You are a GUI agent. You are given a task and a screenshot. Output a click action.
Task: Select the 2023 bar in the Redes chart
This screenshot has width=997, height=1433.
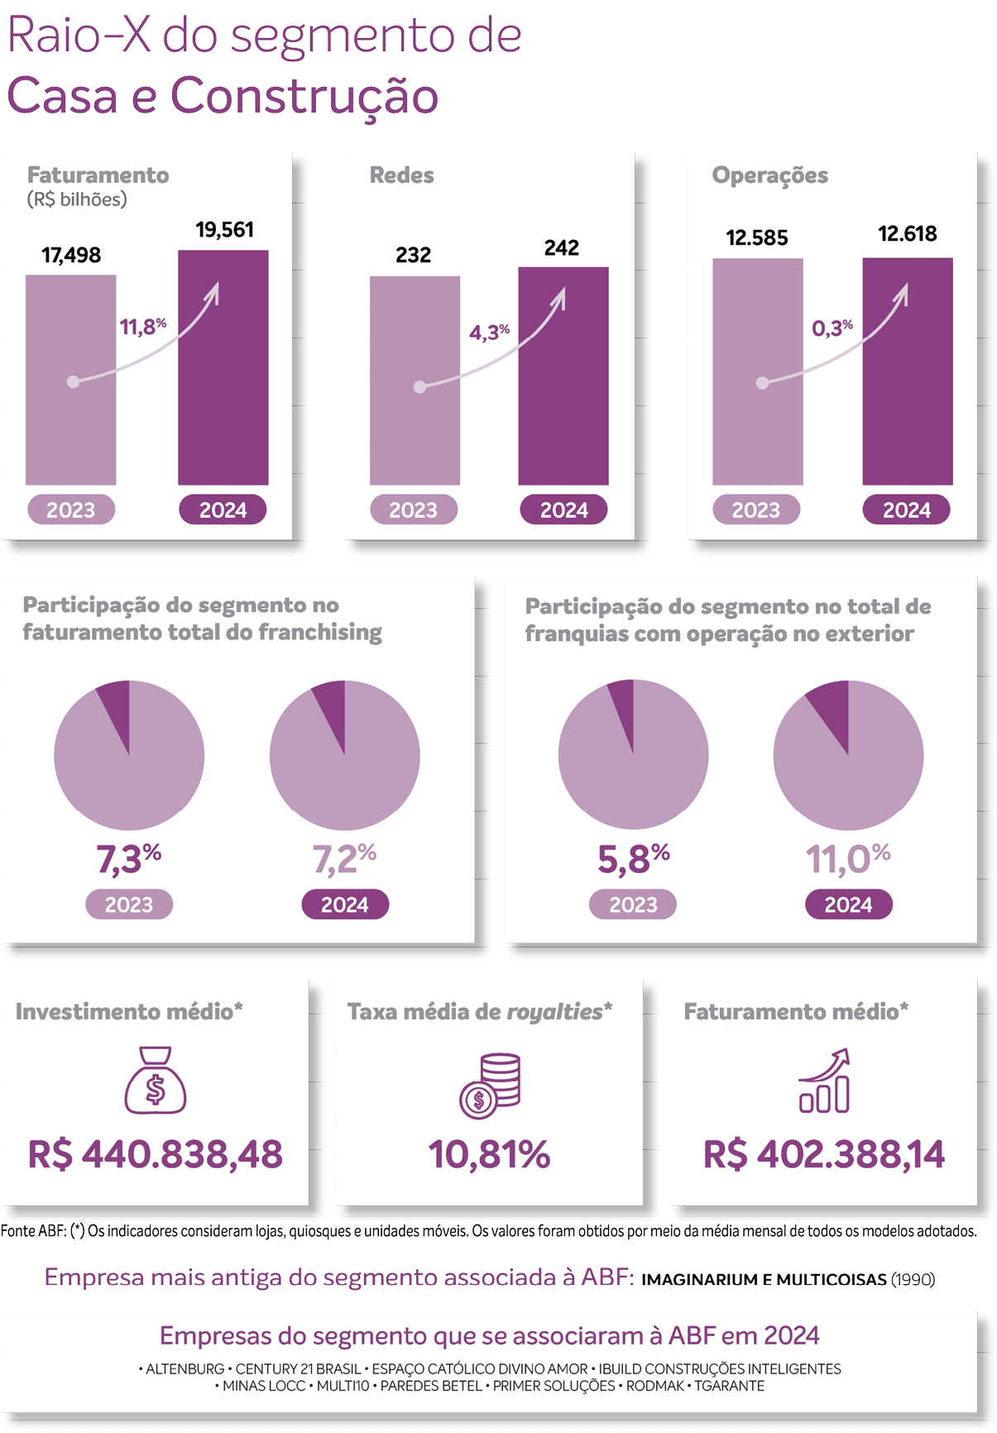coord(415,380)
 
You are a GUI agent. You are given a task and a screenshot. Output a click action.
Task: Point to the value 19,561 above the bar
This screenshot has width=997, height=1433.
coord(224,229)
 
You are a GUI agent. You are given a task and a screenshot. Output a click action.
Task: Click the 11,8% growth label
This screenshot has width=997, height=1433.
coord(142,327)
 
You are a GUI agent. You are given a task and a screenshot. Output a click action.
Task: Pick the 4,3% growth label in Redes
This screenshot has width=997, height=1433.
coord(489,332)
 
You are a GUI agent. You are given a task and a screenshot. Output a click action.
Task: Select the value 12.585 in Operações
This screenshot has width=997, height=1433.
coord(757,238)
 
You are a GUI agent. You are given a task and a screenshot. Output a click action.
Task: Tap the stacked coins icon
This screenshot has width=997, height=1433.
coord(490,1085)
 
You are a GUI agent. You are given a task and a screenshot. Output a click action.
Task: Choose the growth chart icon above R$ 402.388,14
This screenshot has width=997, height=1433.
coord(824,1081)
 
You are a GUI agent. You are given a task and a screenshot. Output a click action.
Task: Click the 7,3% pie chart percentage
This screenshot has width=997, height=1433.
coord(129,859)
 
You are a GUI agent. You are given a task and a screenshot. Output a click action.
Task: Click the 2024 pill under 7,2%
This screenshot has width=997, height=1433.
coord(345,904)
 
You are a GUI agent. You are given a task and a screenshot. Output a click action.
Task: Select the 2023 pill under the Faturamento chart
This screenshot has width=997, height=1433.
coord(71,510)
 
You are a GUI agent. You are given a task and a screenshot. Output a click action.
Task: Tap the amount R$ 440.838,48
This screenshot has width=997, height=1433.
coord(156,1154)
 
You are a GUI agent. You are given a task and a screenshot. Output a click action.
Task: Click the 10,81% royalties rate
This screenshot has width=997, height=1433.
coord(489,1154)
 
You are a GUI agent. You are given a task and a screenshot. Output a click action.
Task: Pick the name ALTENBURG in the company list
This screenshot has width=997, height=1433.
coord(185,1369)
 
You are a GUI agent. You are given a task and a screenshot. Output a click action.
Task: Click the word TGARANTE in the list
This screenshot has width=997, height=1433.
coord(729,1386)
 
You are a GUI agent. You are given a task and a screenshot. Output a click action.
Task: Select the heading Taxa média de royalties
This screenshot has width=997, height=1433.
coord(479,1011)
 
